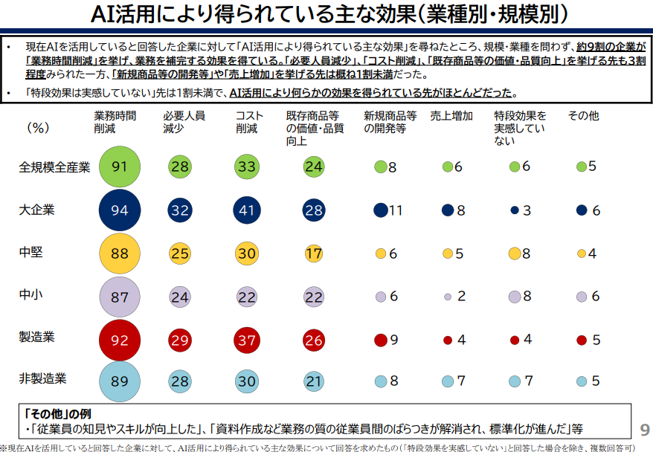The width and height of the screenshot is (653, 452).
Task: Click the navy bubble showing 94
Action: (120, 210)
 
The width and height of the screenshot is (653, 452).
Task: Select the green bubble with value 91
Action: (120, 166)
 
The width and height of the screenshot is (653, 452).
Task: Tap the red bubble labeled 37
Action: (247, 339)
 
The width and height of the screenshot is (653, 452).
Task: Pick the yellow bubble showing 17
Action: (313, 253)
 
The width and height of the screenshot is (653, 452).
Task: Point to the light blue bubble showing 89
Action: (120, 381)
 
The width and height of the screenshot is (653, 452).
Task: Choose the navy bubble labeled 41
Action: (247, 210)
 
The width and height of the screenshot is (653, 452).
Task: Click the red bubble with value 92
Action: (120, 339)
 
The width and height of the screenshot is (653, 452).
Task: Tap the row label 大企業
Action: (36, 210)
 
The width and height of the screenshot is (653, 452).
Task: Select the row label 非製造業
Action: (42, 378)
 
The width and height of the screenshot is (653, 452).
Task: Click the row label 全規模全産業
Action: (54, 167)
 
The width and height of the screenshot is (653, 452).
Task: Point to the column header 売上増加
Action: (451, 116)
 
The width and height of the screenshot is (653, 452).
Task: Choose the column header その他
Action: (583, 116)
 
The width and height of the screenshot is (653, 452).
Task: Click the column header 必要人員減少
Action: (184, 122)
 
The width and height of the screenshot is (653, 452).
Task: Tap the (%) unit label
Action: (37, 127)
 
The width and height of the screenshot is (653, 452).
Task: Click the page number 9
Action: (644, 430)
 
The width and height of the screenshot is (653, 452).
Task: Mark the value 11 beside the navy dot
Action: (395, 210)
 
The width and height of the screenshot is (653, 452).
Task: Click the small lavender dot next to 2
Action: (448, 297)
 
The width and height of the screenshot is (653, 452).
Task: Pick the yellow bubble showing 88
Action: (120, 253)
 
